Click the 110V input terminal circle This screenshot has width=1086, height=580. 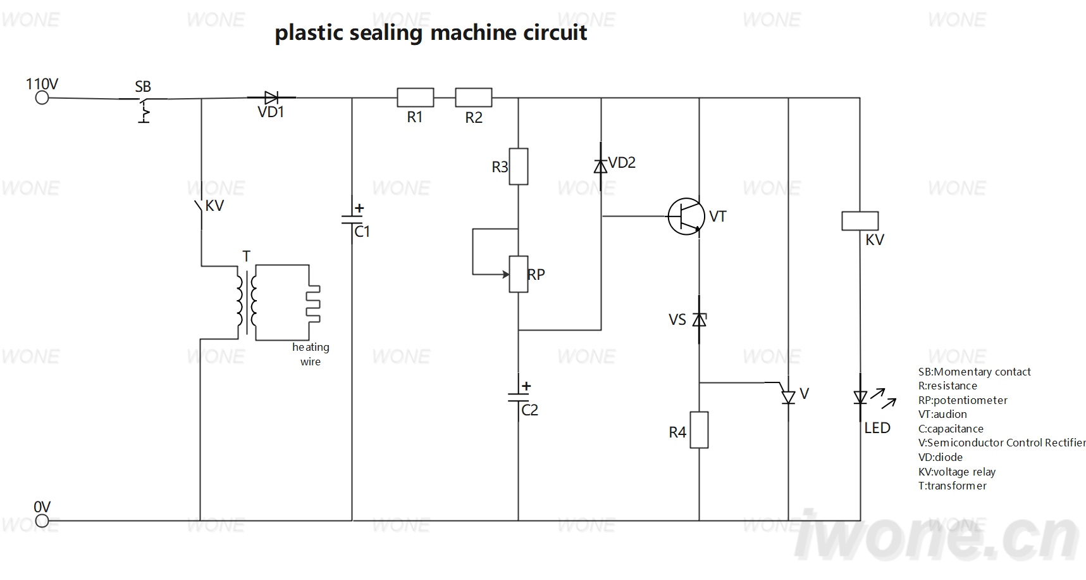coord(42,98)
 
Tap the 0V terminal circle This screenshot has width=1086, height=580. coord(42,521)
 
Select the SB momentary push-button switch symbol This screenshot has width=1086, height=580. coord(144,108)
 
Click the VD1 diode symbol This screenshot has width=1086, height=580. coord(271,98)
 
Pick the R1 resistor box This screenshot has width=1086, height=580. coord(416,98)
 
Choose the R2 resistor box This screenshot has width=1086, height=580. coord(474,98)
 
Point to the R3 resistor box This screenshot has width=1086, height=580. coord(519,167)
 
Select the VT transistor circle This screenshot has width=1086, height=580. coord(686,217)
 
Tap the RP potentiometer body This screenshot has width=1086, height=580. coord(519,274)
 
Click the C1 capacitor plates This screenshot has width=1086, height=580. coord(352,220)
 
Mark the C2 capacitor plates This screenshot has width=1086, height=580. coord(519,397)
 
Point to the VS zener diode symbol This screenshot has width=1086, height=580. coord(699,320)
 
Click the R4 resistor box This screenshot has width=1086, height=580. coord(699,430)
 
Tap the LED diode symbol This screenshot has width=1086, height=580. coord(860,398)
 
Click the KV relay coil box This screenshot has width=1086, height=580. coord(860,220)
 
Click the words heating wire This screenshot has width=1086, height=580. coord(311,355)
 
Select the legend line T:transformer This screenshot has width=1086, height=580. coord(953,486)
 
